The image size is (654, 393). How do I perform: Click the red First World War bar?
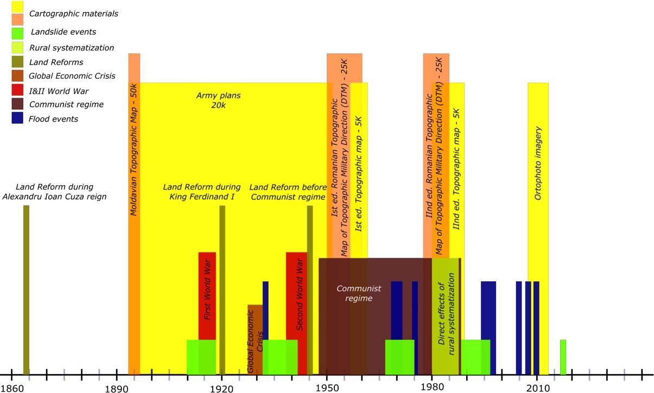click(x=207, y=296)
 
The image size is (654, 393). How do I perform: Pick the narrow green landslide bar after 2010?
click(x=563, y=357)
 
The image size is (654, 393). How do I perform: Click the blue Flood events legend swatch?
click(x=18, y=118)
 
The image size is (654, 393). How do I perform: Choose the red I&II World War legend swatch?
click(x=18, y=90)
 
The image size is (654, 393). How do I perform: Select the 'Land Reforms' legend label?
click(x=56, y=62)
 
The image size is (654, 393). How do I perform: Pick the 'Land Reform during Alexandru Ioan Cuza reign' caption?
click(x=55, y=191)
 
